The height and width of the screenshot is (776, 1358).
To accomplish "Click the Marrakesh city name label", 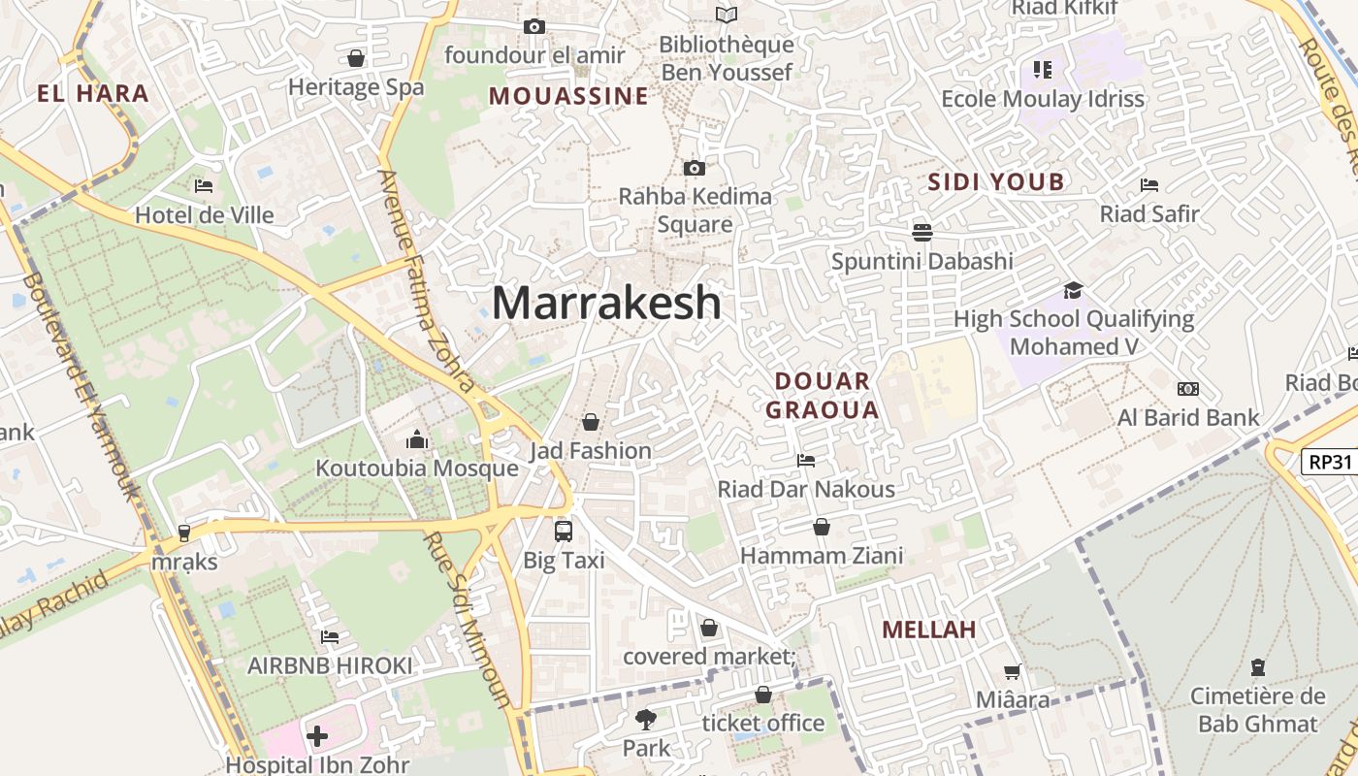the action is click(606, 303).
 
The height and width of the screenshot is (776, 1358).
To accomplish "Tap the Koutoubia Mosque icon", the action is click(417, 439).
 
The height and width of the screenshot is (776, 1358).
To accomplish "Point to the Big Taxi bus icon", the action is click(564, 531).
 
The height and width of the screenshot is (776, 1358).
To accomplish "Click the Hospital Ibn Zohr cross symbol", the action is click(317, 736).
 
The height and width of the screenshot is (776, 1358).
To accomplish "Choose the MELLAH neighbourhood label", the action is click(928, 630).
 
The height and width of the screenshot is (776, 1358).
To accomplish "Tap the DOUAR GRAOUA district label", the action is click(823, 395).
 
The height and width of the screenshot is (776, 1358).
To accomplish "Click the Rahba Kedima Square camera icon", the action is click(694, 168).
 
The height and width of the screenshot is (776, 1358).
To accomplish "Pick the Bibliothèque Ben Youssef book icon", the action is click(727, 15).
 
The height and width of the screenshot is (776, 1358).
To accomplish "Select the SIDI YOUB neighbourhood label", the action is click(996, 181).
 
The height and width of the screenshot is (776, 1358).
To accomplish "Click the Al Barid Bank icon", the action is click(1187, 389).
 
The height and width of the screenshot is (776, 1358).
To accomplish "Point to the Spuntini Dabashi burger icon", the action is click(921, 232).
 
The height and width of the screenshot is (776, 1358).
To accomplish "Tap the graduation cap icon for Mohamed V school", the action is click(1073, 290).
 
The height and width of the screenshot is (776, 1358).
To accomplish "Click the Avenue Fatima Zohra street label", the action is click(426, 281).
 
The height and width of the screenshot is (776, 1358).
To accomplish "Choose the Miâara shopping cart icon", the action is click(1012, 671).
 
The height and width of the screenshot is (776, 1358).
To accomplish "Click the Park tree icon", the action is click(645, 719).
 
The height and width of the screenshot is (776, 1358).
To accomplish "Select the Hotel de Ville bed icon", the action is click(204, 185).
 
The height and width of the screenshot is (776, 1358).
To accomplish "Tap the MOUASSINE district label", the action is click(568, 96).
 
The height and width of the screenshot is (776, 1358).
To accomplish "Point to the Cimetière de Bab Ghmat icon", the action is click(1257, 667).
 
